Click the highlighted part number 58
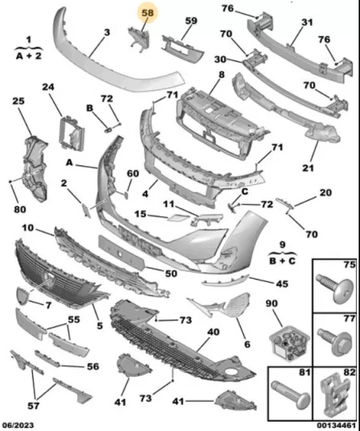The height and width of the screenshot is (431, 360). pyautogui.click(x=147, y=13)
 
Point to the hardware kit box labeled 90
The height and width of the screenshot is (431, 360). pyautogui.click(x=289, y=342)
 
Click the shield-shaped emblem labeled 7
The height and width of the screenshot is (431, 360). pyautogui.click(x=22, y=295)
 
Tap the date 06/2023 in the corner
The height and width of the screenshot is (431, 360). pyautogui.click(x=19, y=426)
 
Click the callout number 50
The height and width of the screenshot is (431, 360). pyautogui.click(x=171, y=273)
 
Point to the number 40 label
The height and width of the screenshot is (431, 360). pyautogui.click(x=213, y=331)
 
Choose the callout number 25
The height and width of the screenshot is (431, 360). pyautogui.click(x=18, y=101)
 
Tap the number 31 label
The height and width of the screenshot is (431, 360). pyautogui.click(x=307, y=22)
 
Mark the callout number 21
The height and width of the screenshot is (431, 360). pyautogui.click(x=308, y=168)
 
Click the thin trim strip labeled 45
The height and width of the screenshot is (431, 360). pyautogui.click(x=226, y=281)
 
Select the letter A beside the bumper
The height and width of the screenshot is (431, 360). pyautogui.click(x=69, y=163)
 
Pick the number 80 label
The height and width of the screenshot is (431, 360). pyautogui.click(x=20, y=209)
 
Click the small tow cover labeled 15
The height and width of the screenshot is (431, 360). pyautogui.click(x=178, y=218)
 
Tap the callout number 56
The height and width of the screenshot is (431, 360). pyautogui.click(x=93, y=367)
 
